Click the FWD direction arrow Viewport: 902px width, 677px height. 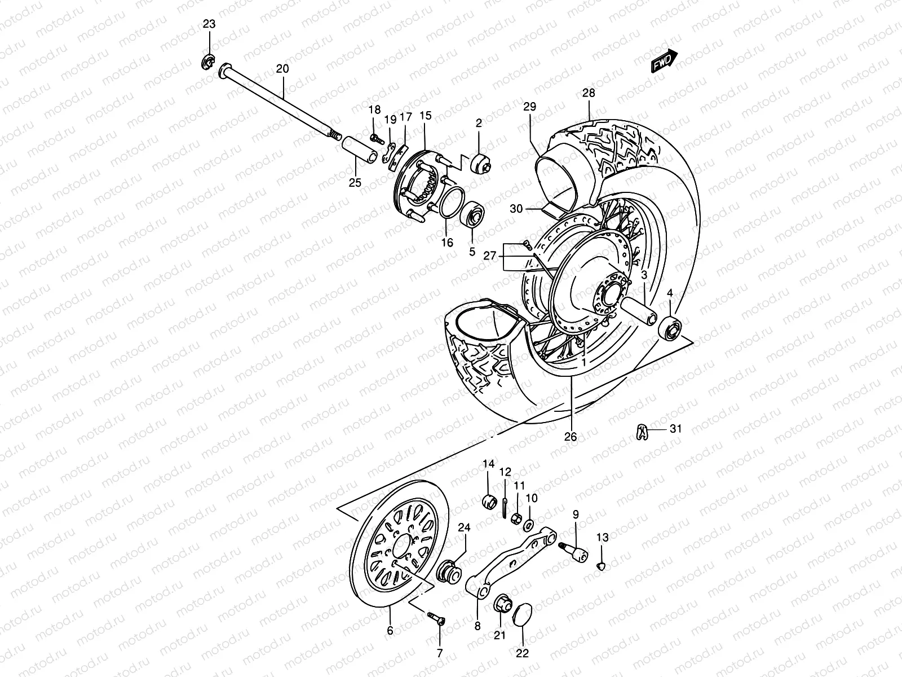[x=664, y=60]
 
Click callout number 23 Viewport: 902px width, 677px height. [x=210, y=24]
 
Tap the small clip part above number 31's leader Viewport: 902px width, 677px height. [x=639, y=431]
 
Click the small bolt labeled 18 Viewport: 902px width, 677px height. [x=378, y=138]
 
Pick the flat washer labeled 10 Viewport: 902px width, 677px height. [x=529, y=525]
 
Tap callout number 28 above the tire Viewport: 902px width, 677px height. [x=589, y=93]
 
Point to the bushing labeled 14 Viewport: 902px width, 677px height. [x=490, y=500]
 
